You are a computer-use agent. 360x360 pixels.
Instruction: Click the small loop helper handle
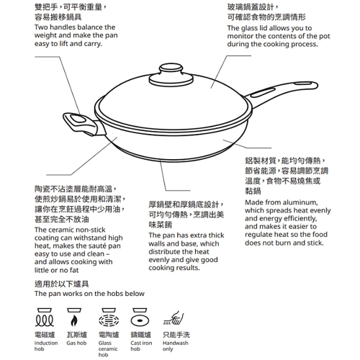point(74,120)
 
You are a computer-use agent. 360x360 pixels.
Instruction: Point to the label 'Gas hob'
point(76,343)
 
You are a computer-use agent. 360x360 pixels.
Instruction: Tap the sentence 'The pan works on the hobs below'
point(89,294)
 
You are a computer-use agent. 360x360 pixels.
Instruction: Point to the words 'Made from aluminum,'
point(279,202)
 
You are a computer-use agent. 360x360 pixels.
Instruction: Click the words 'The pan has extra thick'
point(186,235)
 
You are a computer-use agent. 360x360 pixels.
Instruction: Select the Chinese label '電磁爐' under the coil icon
point(45,335)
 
